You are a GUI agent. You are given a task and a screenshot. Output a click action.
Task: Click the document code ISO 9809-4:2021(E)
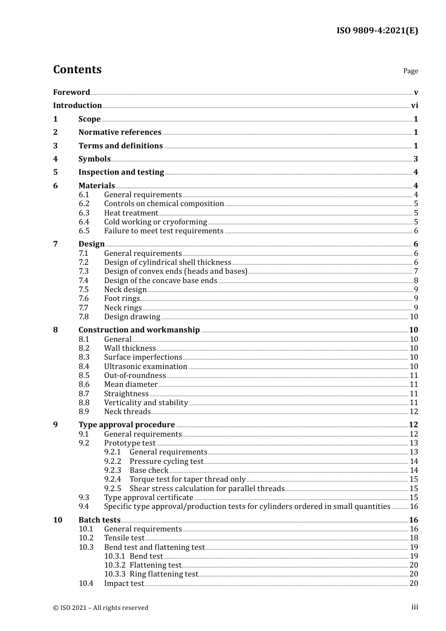coord(377,31)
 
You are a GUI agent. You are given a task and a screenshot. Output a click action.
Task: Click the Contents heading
coord(77,69)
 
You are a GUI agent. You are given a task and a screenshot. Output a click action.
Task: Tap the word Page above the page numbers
coord(410,71)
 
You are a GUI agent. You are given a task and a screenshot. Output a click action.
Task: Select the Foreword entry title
coord(71,92)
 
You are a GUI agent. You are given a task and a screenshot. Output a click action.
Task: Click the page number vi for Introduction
coord(415,106)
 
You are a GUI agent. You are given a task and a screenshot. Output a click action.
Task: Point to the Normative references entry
coord(120,132)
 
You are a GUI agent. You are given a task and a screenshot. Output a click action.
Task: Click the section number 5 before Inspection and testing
coord(55,172)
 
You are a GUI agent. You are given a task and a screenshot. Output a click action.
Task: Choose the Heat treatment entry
coord(131,213)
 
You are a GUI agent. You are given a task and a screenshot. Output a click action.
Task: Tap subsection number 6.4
coord(84,222)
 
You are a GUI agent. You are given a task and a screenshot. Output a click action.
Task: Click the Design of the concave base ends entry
coord(161,281)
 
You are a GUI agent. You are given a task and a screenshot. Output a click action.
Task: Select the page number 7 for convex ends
coord(416,271)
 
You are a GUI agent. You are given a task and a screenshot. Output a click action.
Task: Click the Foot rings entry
coord(122,299)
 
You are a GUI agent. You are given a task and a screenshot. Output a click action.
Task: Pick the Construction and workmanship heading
coord(139,330)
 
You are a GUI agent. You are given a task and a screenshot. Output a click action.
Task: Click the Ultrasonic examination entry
coord(146,367)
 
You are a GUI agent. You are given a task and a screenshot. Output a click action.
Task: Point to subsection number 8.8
coord(84,403)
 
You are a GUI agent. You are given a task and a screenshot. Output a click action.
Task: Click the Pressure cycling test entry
coord(166,462)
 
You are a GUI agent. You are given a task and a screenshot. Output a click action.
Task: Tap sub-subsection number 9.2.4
coord(113,479)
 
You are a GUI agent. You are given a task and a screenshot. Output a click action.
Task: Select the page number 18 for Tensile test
coord(414,538)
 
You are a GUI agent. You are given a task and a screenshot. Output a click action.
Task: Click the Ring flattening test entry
coord(164,574)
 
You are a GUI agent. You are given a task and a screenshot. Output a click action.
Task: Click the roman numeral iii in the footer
coord(415,607)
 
